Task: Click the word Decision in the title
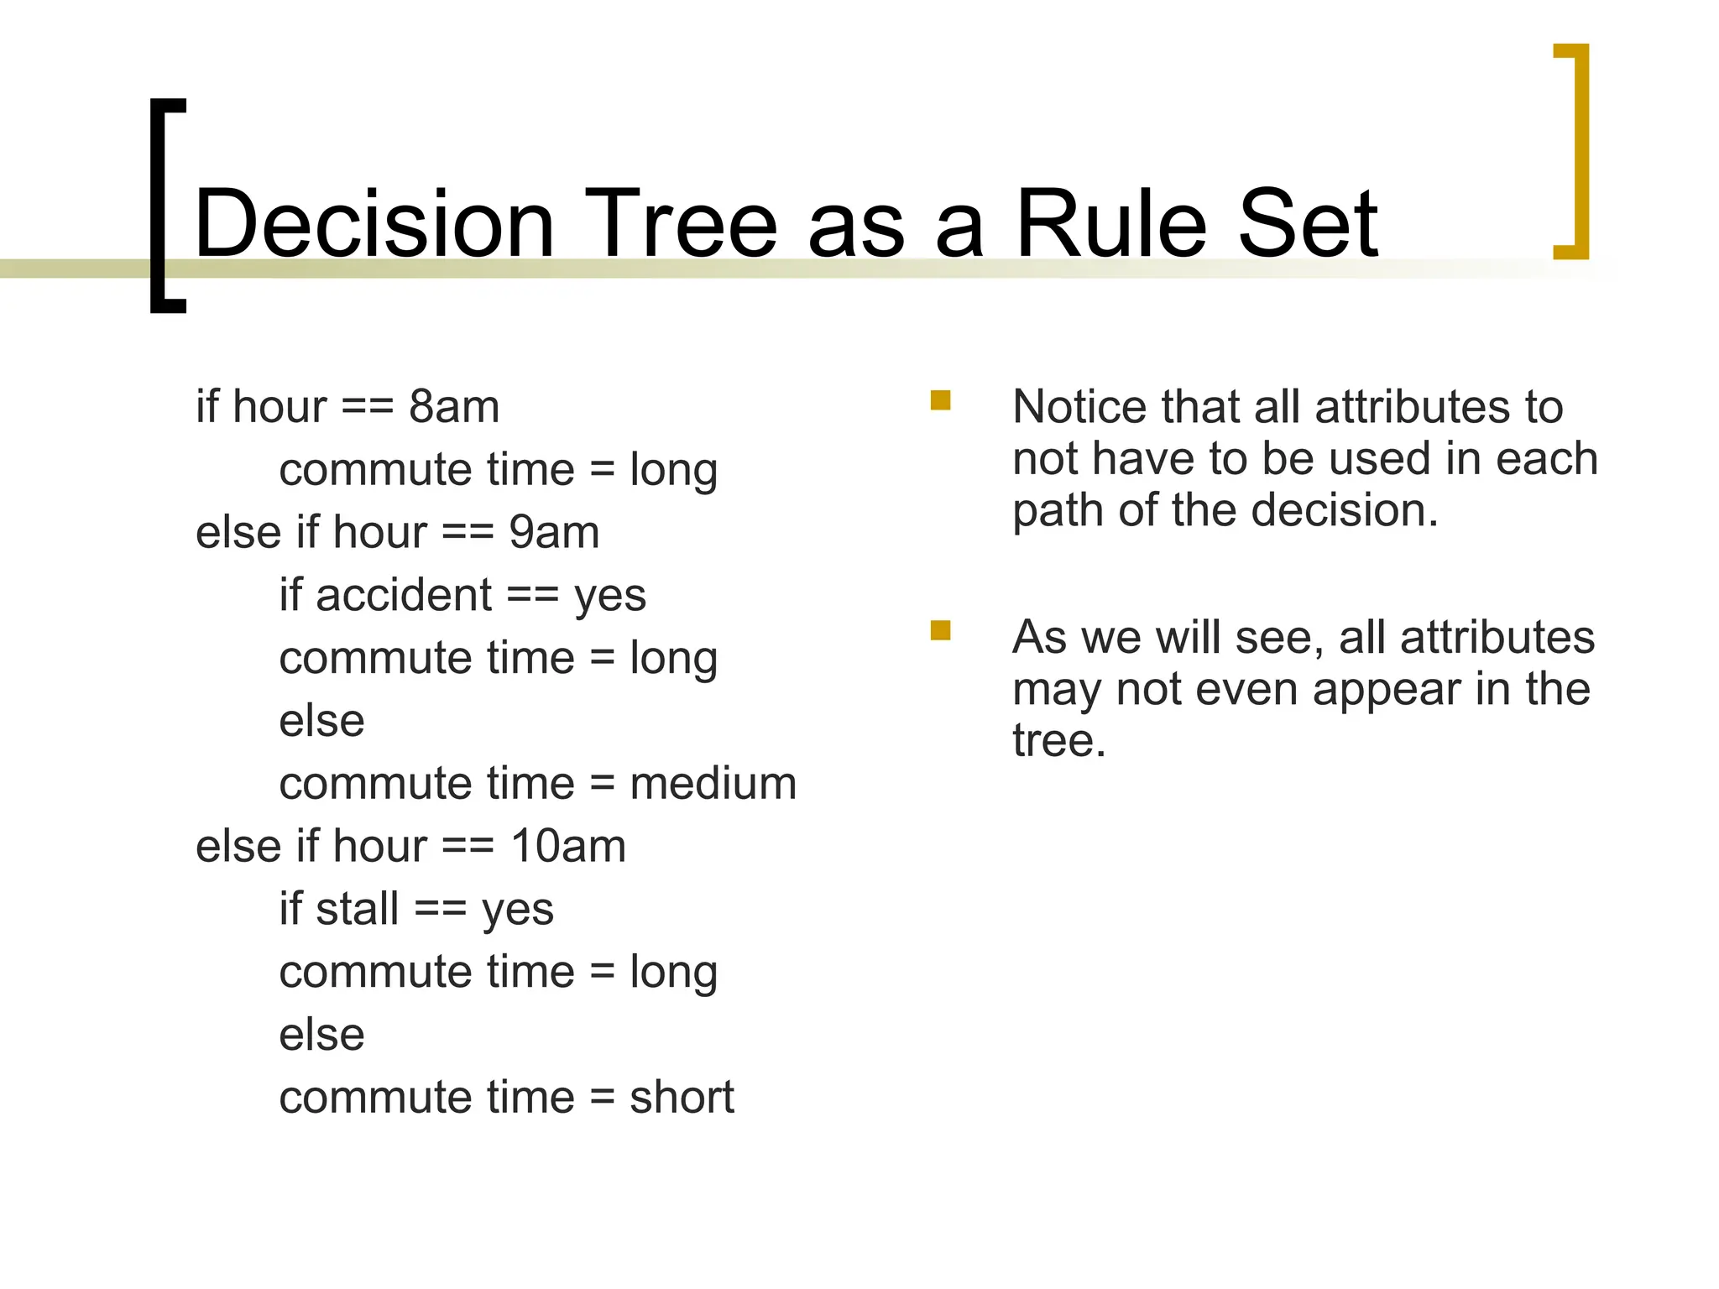coord(374,224)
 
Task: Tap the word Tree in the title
coord(681,224)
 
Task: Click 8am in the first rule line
coord(453,407)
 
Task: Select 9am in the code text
coord(554,533)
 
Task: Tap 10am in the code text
coord(568,846)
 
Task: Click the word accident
coord(403,595)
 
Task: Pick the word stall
coord(357,909)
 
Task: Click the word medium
coord(713,784)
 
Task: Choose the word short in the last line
coord(682,1097)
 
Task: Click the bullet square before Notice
coord(940,400)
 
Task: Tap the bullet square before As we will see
coord(940,630)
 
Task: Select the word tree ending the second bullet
coord(1058,741)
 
